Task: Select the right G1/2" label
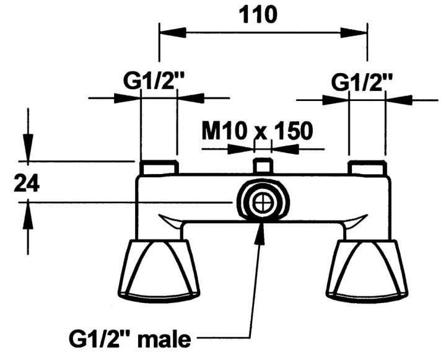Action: [362, 81]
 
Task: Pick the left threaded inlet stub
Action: [159, 168]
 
